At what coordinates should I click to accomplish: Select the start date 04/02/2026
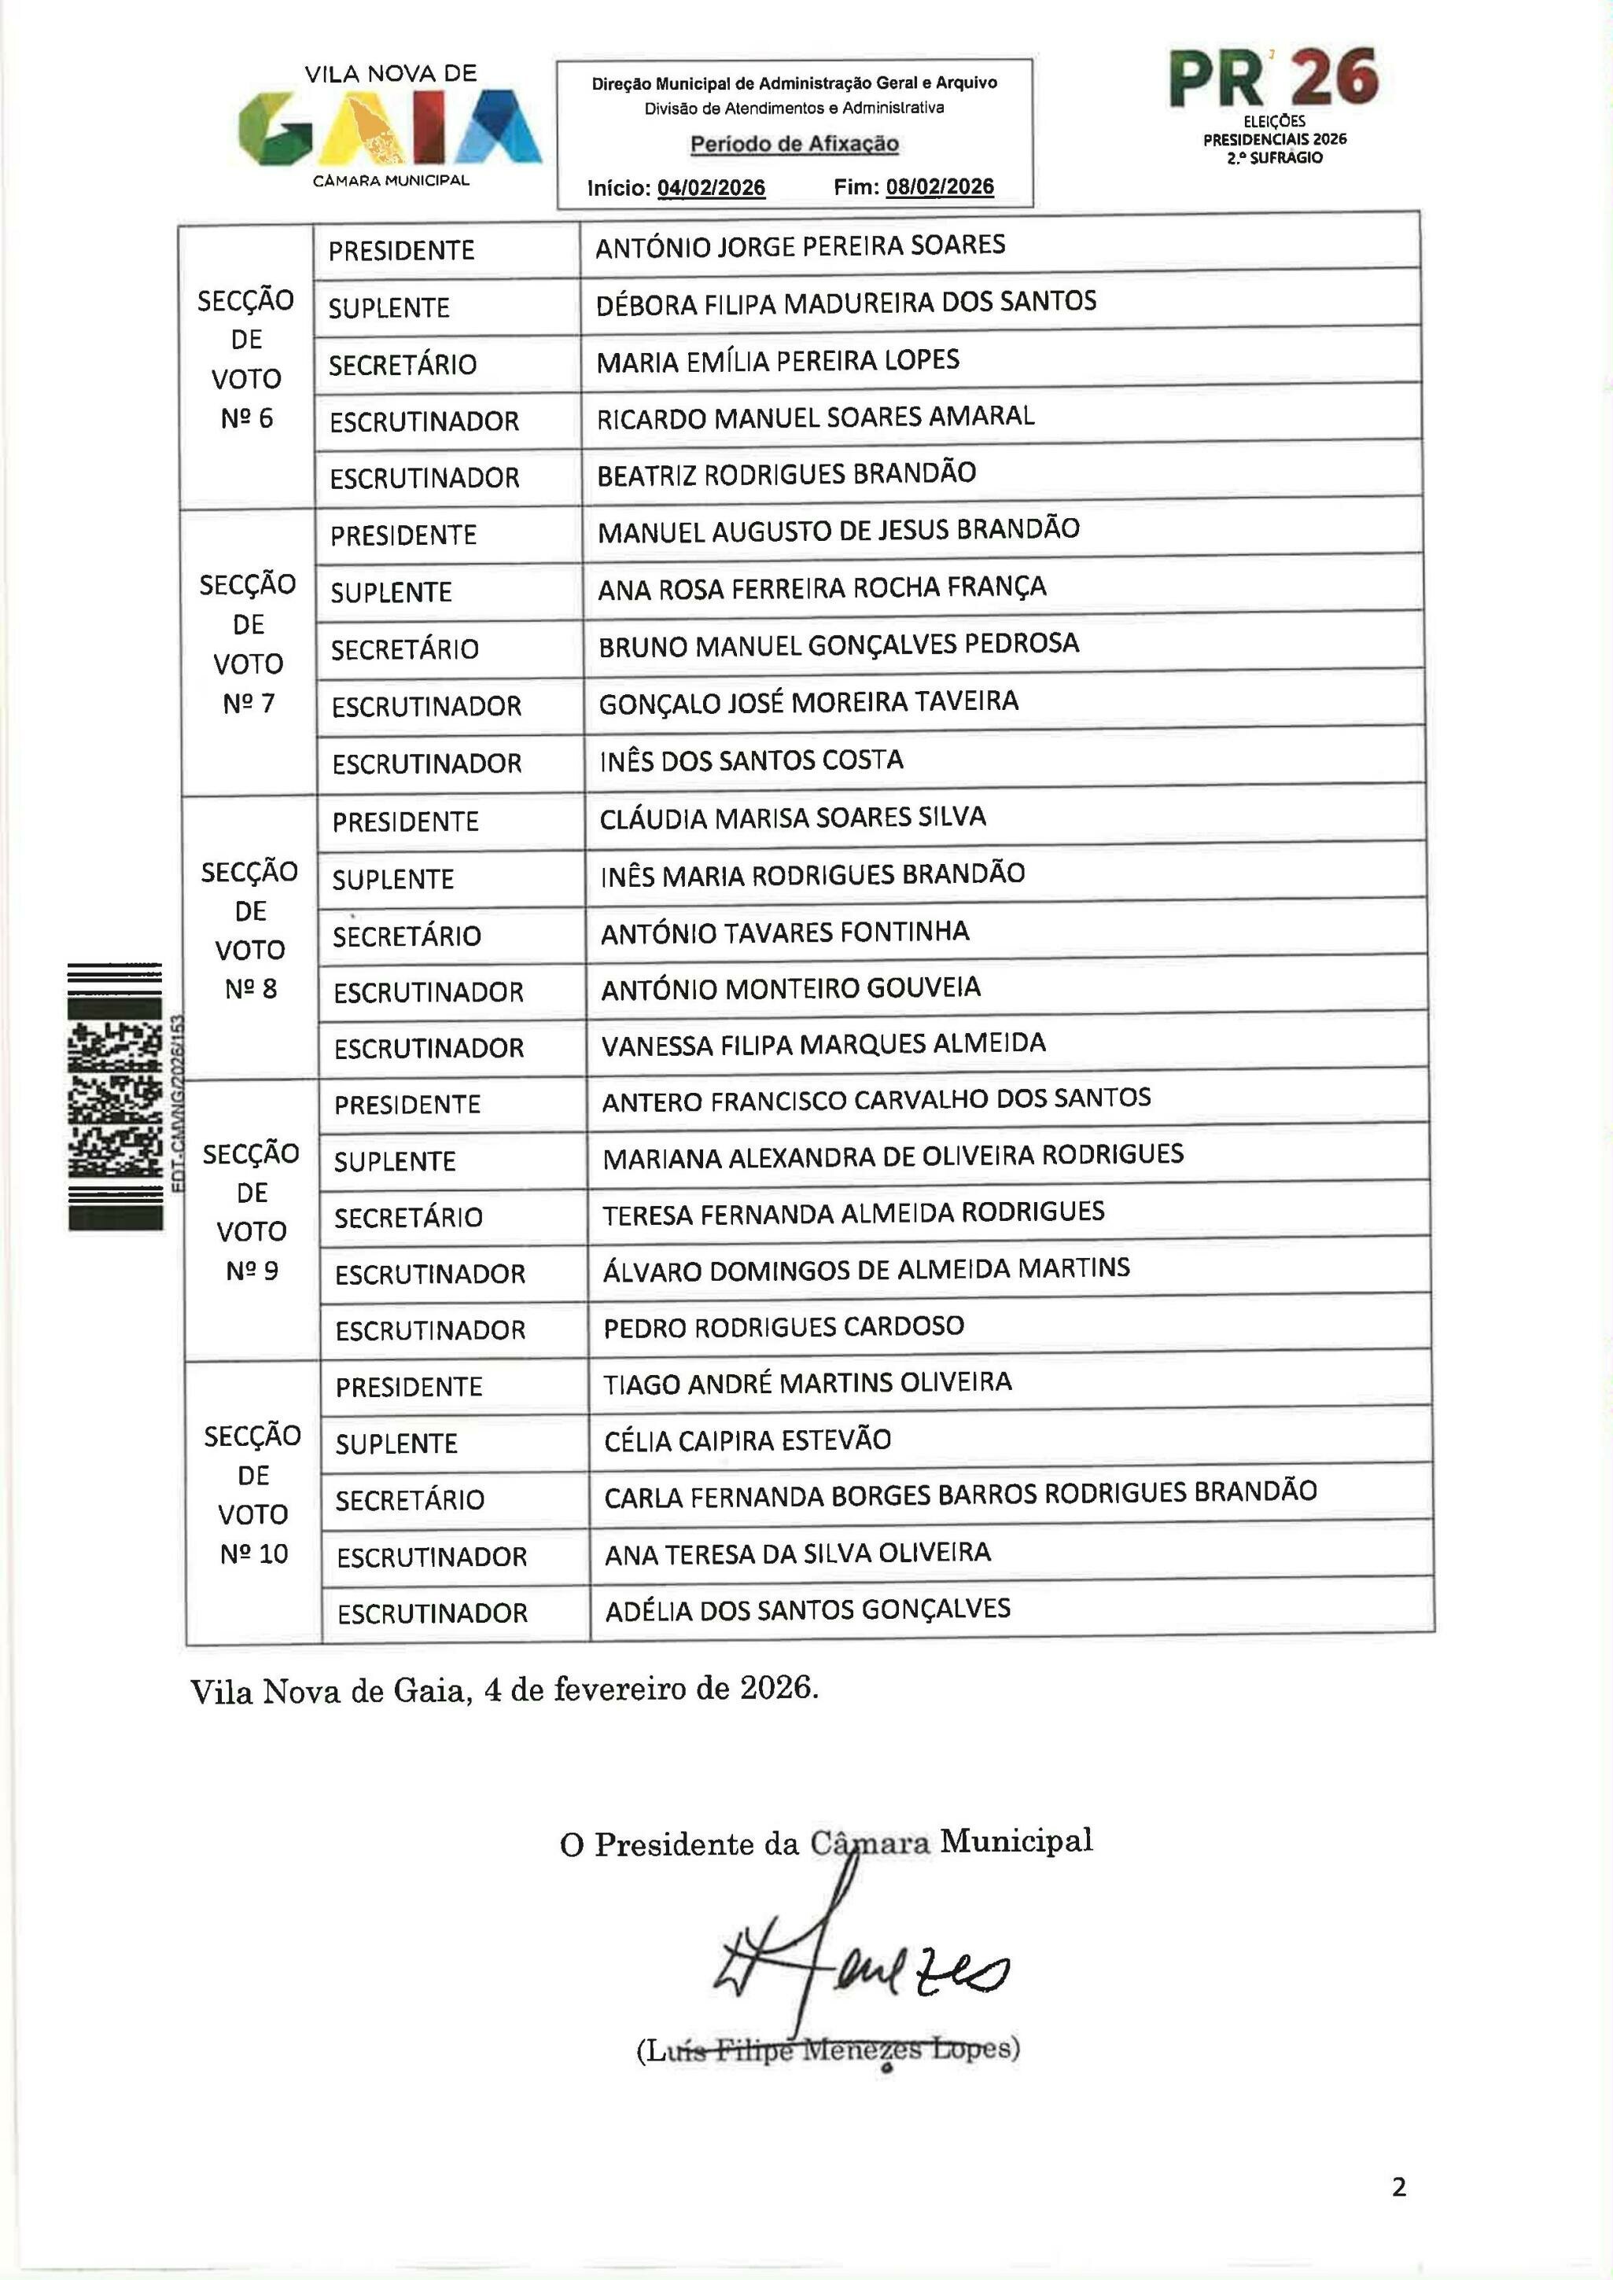tap(711, 188)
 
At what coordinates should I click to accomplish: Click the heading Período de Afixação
tap(794, 144)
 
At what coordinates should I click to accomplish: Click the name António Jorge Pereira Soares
tap(801, 245)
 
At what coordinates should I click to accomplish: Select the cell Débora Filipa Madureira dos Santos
tap(845, 302)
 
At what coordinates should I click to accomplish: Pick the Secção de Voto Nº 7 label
tap(249, 643)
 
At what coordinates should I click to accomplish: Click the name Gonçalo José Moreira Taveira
tap(808, 702)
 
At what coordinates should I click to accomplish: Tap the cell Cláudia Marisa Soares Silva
tap(793, 818)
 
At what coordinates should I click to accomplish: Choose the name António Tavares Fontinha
tap(785, 932)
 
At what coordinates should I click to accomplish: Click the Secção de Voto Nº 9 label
tap(252, 1212)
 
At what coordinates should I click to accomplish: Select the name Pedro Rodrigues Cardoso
tap(783, 1326)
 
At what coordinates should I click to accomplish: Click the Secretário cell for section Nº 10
tap(409, 1499)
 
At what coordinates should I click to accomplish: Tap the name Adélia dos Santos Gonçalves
tap(808, 1609)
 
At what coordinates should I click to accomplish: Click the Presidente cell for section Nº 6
tap(401, 250)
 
